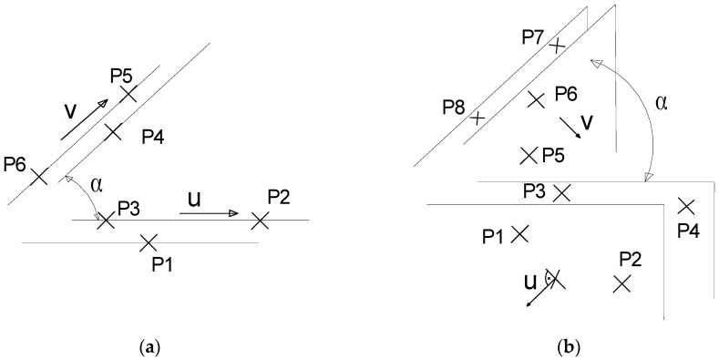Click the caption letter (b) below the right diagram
point(565,346)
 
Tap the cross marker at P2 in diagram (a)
point(260,220)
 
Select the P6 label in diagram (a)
point(15,165)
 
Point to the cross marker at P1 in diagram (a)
point(149,242)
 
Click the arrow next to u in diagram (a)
point(210,213)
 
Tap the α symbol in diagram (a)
point(96,183)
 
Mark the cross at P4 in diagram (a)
point(113,132)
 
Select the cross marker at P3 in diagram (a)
point(106,221)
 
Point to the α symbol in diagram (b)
point(662,102)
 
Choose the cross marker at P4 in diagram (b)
point(686,206)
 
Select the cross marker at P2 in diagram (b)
point(622,283)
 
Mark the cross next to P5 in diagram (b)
point(528,156)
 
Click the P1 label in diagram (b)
point(494,237)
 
